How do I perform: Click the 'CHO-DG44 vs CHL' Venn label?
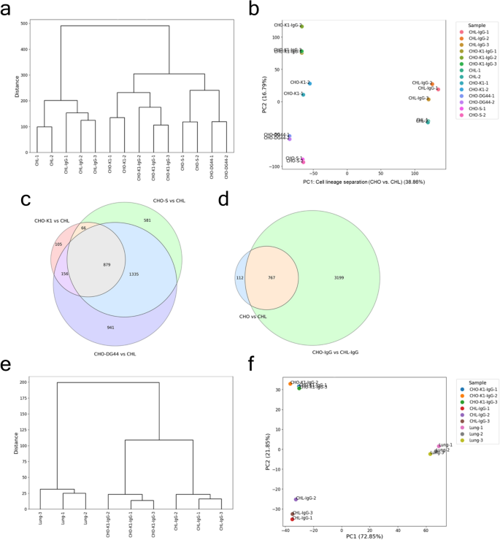115,354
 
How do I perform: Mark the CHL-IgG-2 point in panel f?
296,499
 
